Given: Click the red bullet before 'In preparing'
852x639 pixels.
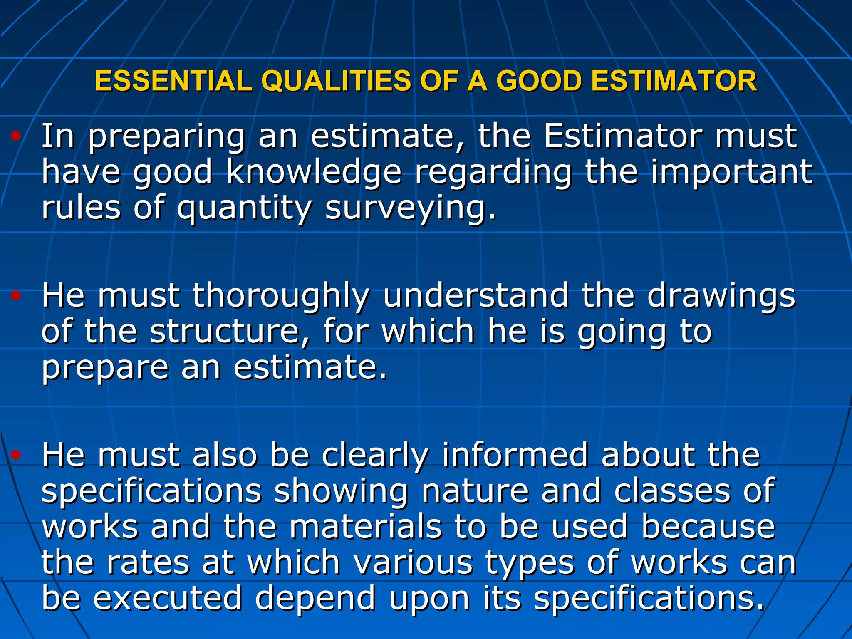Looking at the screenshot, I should pos(16,136).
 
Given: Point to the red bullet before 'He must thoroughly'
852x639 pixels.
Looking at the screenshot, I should pos(16,296).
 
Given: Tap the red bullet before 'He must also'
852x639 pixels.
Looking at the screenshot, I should pos(16,455).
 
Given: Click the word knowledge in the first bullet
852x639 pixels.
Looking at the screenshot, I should pos(314,172).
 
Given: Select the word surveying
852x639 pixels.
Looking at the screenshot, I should pos(410,208).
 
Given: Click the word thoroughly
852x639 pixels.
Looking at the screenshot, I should pos(280,296).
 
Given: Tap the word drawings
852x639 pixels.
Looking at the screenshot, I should pos(721,296).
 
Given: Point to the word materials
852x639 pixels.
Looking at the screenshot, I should pos(365,527).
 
